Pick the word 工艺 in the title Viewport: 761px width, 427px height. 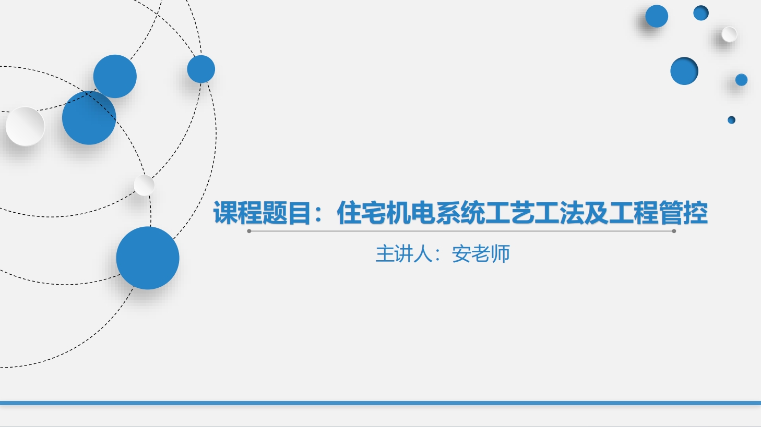(510, 213)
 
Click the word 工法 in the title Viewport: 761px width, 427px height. (559, 213)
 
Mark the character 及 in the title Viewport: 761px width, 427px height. (596, 213)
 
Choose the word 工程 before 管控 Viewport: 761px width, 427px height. (633, 213)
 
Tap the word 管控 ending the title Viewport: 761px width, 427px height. (683, 213)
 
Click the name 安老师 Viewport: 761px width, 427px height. (481, 254)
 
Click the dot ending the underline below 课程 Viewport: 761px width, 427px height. (249, 231)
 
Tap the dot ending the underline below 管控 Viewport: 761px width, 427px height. (674, 231)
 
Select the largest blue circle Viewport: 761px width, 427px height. (148, 258)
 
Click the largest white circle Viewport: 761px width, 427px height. (25, 126)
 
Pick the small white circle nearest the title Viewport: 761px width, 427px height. (144, 185)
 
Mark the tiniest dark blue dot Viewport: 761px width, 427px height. (731, 120)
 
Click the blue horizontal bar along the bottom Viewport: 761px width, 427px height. (380, 403)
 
